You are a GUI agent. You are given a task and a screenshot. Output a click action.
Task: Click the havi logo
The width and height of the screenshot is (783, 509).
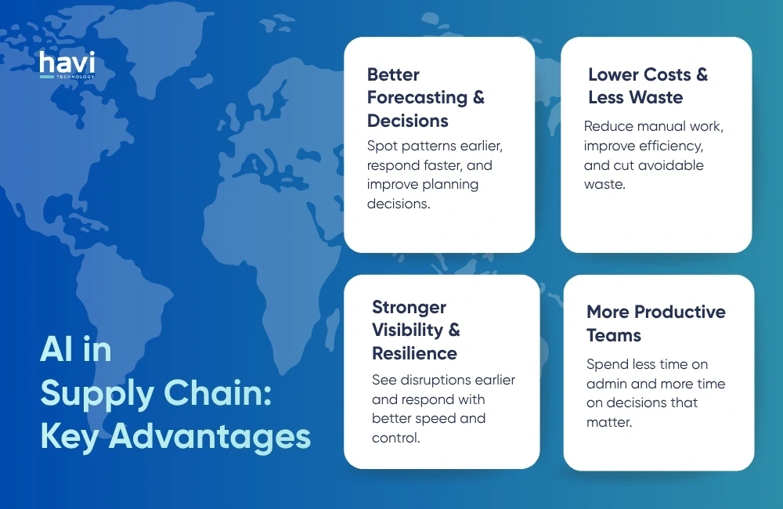[x=67, y=63]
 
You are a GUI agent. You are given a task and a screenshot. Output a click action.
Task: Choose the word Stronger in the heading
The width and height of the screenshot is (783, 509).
[x=409, y=307]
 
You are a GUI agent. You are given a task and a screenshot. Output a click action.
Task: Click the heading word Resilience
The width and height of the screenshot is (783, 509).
[x=414, y=353]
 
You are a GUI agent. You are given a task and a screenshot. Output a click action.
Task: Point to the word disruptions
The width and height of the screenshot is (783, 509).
[x=438, y=380]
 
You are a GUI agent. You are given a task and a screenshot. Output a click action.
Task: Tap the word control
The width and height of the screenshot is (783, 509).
[x=395, y=437]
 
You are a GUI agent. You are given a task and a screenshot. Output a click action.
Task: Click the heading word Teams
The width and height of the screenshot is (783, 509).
[x=614, y=335]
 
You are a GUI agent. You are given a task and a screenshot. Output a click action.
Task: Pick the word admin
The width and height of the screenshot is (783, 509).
[x=608, y=384]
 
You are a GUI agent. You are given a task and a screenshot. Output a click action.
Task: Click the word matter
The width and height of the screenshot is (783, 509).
[x=608, y=422]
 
